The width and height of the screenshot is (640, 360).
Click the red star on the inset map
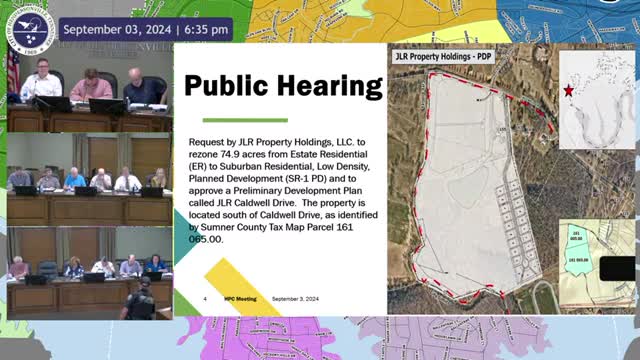click(x=569, y=91)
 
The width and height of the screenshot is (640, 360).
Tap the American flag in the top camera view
click(x=13, y=71)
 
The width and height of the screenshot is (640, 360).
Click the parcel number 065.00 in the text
click(x=208, y=239)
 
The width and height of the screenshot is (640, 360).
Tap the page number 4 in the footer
click(x=204, y=299)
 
